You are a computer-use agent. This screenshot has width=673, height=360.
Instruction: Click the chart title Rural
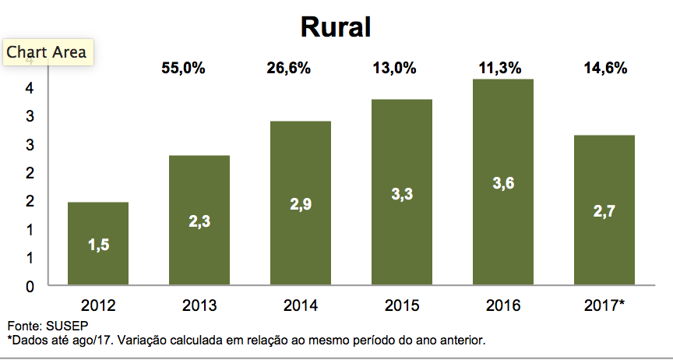click(x=336, y=26)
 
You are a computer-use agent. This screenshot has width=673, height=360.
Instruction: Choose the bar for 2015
click(x=402, y=192)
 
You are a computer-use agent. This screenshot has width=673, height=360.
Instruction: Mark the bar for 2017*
click(x=604, y=210)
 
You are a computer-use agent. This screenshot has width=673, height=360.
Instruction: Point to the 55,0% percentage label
click(x=183, y=69)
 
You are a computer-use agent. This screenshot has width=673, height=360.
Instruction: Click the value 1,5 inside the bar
click(x=97, y=246)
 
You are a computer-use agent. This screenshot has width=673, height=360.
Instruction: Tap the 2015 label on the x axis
click(x=402, y=305)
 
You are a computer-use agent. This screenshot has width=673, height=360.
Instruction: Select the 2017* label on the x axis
click(x=604, y=305)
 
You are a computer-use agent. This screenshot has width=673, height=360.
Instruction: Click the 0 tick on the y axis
click(x=30, y=286)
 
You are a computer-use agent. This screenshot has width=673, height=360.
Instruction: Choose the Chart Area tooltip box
click(x=47, y=53)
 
